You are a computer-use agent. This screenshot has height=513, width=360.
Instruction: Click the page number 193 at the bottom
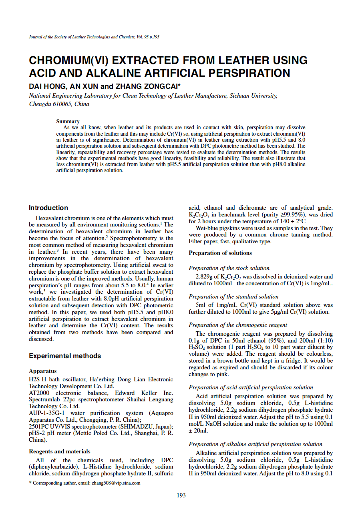181,495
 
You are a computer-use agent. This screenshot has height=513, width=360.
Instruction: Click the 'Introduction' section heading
48,208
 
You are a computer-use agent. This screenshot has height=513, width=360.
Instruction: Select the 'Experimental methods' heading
65,356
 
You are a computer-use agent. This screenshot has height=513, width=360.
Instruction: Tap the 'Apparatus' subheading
43,371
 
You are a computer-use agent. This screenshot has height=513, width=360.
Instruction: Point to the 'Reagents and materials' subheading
60,451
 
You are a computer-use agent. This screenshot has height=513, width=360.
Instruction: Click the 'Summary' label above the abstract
68,121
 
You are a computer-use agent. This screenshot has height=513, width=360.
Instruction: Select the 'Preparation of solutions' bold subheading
220,253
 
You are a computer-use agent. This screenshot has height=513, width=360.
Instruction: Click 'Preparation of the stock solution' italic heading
229,268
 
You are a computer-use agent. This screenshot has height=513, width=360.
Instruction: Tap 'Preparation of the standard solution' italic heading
233,297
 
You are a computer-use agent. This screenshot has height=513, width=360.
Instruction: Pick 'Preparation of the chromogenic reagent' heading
238,325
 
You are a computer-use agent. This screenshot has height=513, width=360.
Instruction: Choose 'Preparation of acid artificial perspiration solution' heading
251,387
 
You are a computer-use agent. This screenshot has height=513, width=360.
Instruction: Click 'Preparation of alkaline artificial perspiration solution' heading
255,444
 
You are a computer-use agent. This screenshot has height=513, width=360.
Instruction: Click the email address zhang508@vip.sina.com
115,483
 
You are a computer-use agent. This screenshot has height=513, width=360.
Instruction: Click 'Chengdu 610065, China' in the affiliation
59,104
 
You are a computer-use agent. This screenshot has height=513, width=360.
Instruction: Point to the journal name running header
94,37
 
